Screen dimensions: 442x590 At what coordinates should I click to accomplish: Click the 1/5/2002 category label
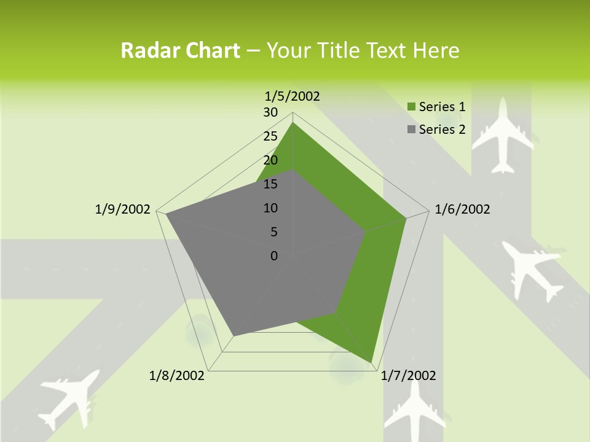[x=293, y=96]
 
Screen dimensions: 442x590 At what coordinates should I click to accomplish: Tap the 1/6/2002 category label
[x=462, y=209]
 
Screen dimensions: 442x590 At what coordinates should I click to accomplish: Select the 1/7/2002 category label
[x=408, y=376]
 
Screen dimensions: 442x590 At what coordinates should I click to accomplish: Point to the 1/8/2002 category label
[x=177, y=376]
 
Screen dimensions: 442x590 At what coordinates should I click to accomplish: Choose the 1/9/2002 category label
[x=122, y=209]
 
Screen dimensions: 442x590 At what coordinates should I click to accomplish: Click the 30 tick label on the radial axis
[x=270, y=112]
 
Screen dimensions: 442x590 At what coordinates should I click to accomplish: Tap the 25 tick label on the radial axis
[x=270, y=136]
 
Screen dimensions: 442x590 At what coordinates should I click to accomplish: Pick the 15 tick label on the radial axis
[x=270, y=184]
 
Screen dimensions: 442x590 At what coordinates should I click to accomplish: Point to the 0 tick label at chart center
[x=274, y=256]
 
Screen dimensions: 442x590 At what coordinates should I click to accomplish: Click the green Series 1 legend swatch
[x=412, y=107]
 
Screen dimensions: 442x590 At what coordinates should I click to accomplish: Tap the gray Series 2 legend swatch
[x=412, y=130]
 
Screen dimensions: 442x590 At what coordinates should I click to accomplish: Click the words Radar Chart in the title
[x=180, y=50]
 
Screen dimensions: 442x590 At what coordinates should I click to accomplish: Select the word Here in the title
[x=436, y=50]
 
